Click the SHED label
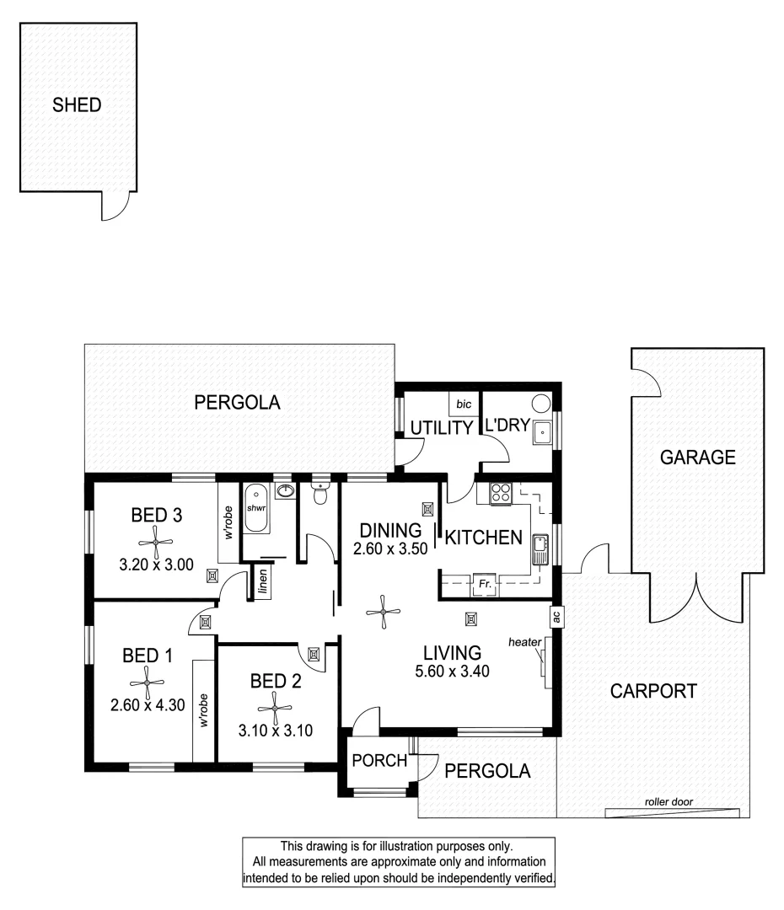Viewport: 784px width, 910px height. pos(77,105)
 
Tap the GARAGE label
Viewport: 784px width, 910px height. pos(698,458)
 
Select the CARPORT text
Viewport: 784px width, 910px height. pos(653,692)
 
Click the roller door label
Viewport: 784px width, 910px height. pos(668,802)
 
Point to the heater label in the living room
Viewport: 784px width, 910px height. pos(524,643)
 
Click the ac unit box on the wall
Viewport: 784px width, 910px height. pos(556,616)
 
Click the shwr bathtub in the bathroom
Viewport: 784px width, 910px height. pos(255,509)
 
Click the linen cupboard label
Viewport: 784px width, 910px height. pos(263,581)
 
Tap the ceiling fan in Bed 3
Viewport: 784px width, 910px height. pos(157,538)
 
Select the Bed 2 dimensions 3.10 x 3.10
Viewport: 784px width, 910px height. pos(276,731)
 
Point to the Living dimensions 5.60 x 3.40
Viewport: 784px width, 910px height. pos(452,672)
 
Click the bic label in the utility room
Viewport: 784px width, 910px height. pos(464,404)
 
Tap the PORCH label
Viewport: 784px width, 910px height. pos(379,760)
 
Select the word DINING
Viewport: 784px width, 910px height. pos(389,531)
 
